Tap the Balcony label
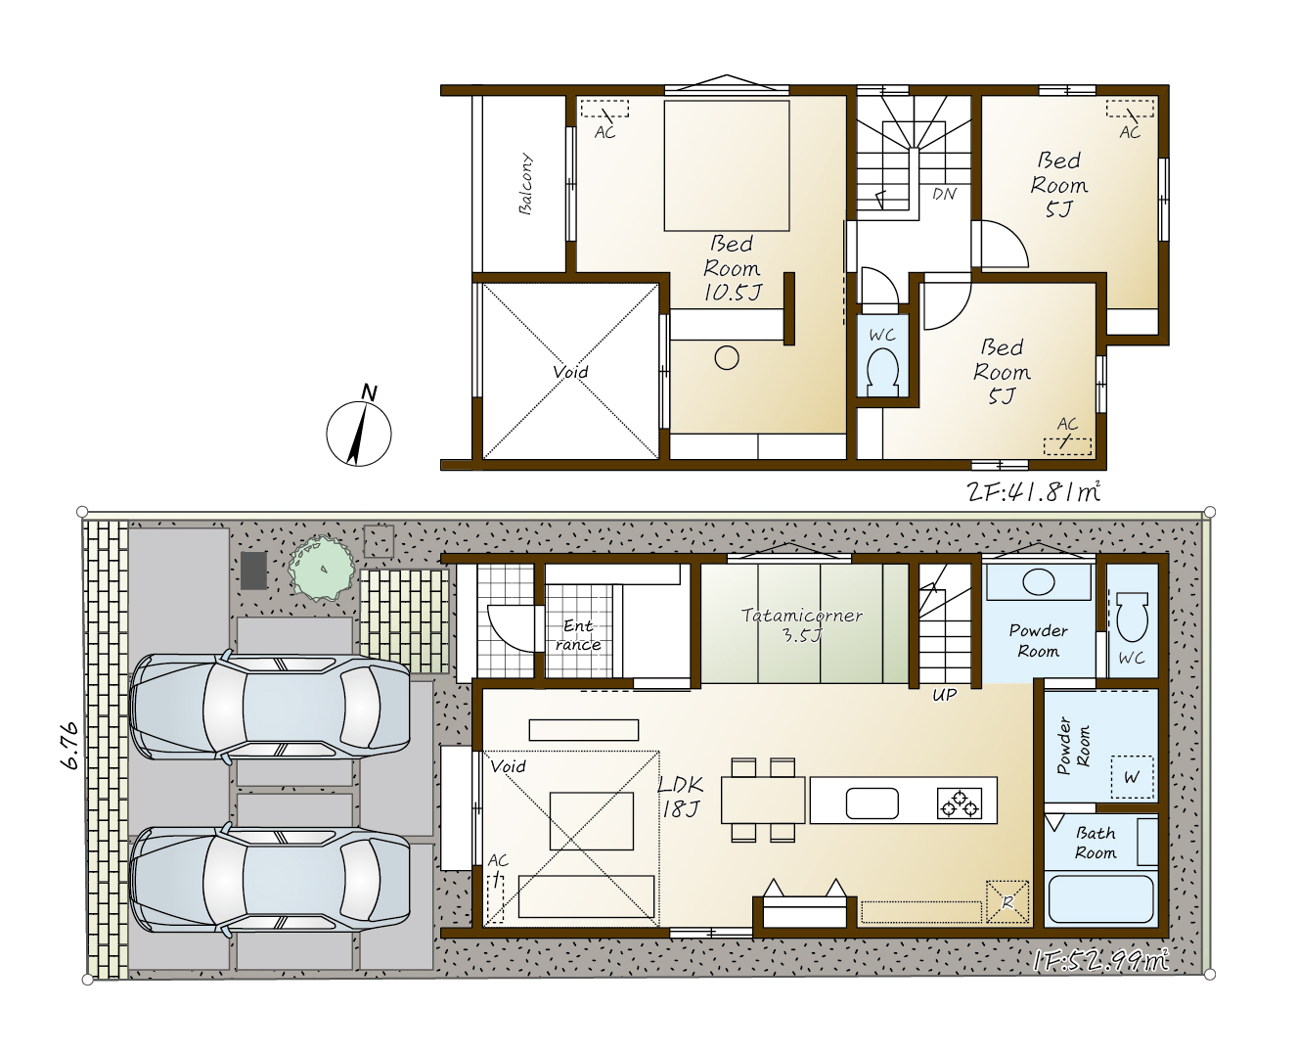525,184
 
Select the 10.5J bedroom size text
733,293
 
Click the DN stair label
944,194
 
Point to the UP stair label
945,695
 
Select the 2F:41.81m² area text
1033,491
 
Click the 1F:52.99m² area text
1101,961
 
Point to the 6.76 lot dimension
70,746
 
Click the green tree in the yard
322,568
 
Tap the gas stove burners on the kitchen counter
959,803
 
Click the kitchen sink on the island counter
872,803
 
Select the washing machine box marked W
1132,777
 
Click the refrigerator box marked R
1007,901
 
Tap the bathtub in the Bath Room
1101,898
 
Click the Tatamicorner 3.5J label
801,625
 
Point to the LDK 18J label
681,796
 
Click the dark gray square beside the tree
253,571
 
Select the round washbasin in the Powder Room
1038,581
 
